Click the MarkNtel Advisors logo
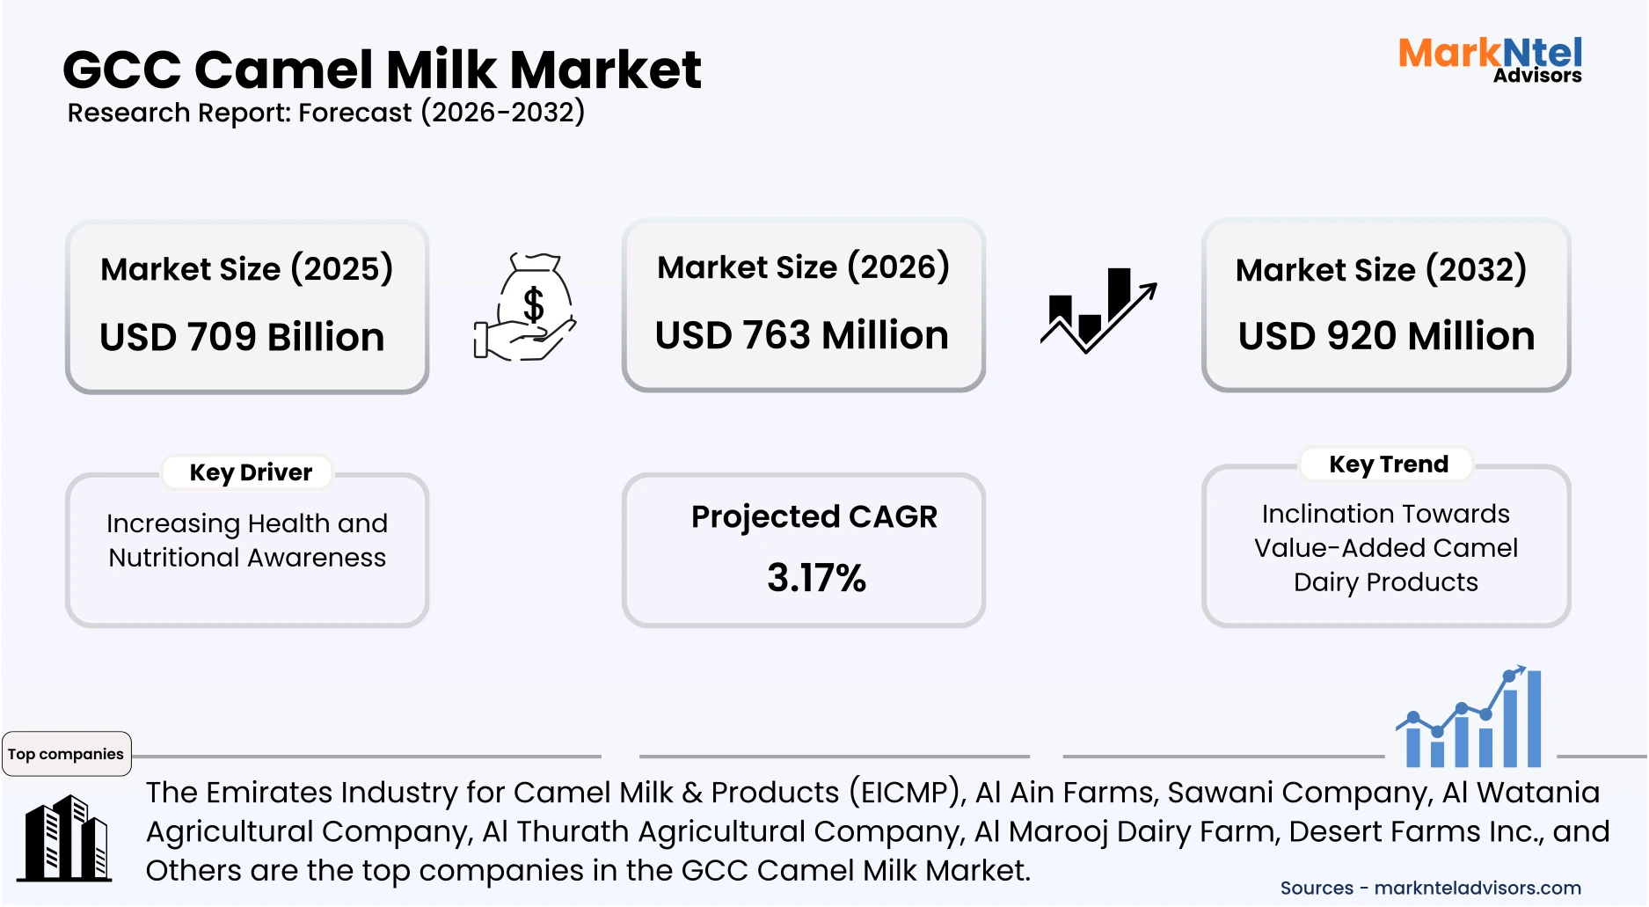click(x=1490, y=60)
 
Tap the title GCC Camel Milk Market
click(x=382, y=69)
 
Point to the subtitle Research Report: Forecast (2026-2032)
click(x=325, y=113)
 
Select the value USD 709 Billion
click(x=242, y=337)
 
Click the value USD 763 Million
click(x=801, y=335)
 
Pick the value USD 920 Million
click(x=1386, y=336)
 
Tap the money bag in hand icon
click(x=525, y=307)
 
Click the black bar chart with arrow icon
click(x=1097, y=310)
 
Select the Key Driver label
click(x=251, y=472)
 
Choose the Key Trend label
click(x=1388, y=464)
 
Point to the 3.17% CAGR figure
click(x=816, y=578)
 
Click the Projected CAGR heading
click(x=814, y=516)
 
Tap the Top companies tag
click(x=66, y=754)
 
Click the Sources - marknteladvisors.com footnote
click(x=1430, y=888)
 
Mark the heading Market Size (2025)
click(x=246, y=269)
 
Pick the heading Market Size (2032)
click(x=1381, y=270)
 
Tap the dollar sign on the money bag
click(x=533, y=304)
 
